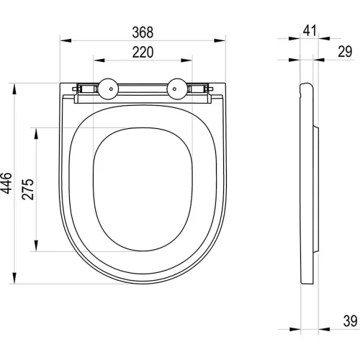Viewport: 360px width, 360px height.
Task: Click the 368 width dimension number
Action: point(143,32)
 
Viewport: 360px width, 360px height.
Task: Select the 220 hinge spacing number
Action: point(143,53)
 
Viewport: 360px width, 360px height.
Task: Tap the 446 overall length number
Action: point(6,183)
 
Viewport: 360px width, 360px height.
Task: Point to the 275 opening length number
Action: point(28,189)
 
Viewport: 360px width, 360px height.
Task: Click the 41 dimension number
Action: point(310,30)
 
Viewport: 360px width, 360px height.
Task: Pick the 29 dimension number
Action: point(345,52)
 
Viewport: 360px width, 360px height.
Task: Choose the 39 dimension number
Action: point(350,321)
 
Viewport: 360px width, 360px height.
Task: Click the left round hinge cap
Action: point(108,89)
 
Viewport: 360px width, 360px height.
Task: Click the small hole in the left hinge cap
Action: point(111,89)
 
